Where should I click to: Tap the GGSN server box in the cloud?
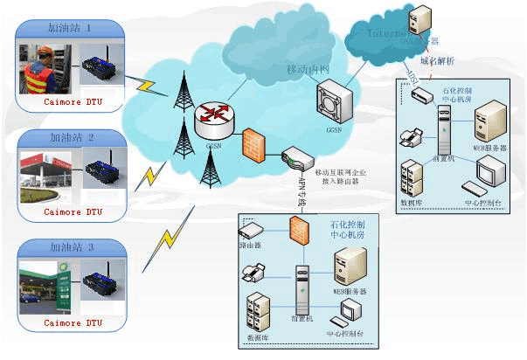pyautogui.click(x=335, y=105)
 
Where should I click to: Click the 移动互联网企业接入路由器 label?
pyautogui.click(x=335, y=178)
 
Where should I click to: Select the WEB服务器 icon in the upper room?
pyautogui.click(x=490, y=122)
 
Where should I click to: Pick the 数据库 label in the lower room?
pyautogui.click(x=259, y=336)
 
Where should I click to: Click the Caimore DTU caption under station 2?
pyautogui.click(x=74, y=212)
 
